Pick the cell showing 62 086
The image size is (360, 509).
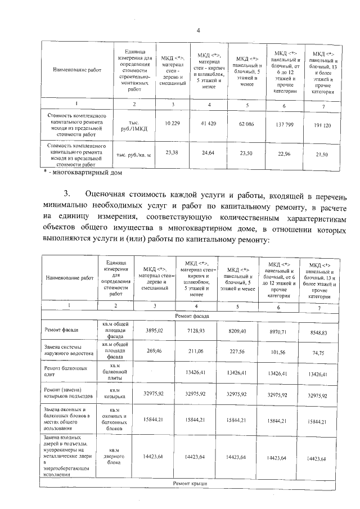pos(246,123)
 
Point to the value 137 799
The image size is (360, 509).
pos(283,124)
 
